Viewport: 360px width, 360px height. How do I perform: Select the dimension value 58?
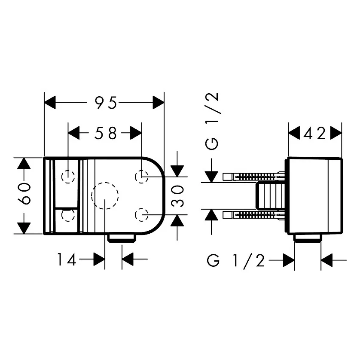click(x=106, y=134)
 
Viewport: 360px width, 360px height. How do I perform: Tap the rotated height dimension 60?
click(x=25, y=194)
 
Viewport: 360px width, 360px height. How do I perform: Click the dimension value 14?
click(x=67, y=259)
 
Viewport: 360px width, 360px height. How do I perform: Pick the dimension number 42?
click(x=314, y=134)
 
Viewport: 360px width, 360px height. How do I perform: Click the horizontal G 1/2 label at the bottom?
click(x=236, y=260)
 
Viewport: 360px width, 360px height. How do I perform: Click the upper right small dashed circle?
click(x=142, y=176)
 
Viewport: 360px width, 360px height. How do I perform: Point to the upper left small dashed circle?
click(x=68, y=177)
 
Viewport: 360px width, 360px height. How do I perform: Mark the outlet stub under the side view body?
click(x=308, y=238)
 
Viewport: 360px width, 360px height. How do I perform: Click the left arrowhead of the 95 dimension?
click(x=51, y=103)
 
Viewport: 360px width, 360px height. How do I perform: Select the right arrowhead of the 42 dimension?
click(x=336, y=134)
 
